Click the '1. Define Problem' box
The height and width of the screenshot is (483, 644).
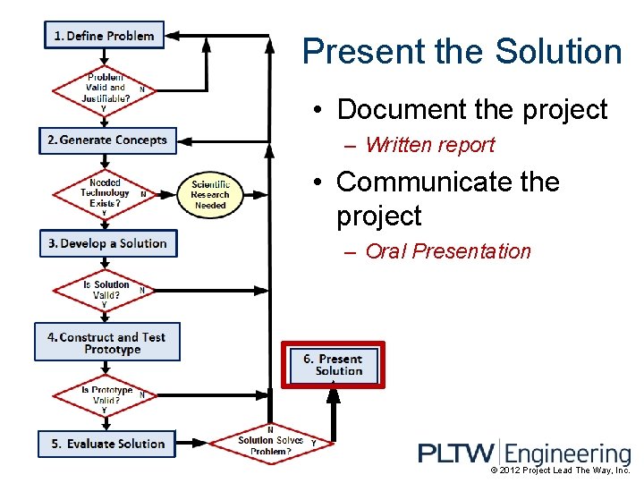coord(104,36)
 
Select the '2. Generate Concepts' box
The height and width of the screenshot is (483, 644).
coord(107,140)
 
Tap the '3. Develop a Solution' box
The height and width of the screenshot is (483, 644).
coord(107,243)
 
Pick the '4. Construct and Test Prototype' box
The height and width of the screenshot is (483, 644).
coord(107,343)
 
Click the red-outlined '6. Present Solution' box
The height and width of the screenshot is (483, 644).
coord(334,364)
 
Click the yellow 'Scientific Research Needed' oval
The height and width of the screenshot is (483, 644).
coord(210,194)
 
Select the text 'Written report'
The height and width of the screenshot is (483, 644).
coord(429,145)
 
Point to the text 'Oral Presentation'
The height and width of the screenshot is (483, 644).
coord(448,251)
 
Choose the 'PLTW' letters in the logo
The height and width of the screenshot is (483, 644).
coord(456,453)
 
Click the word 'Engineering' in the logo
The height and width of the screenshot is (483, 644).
coord(569,453)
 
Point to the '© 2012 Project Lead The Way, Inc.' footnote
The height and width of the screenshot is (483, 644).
coord(561,470)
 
